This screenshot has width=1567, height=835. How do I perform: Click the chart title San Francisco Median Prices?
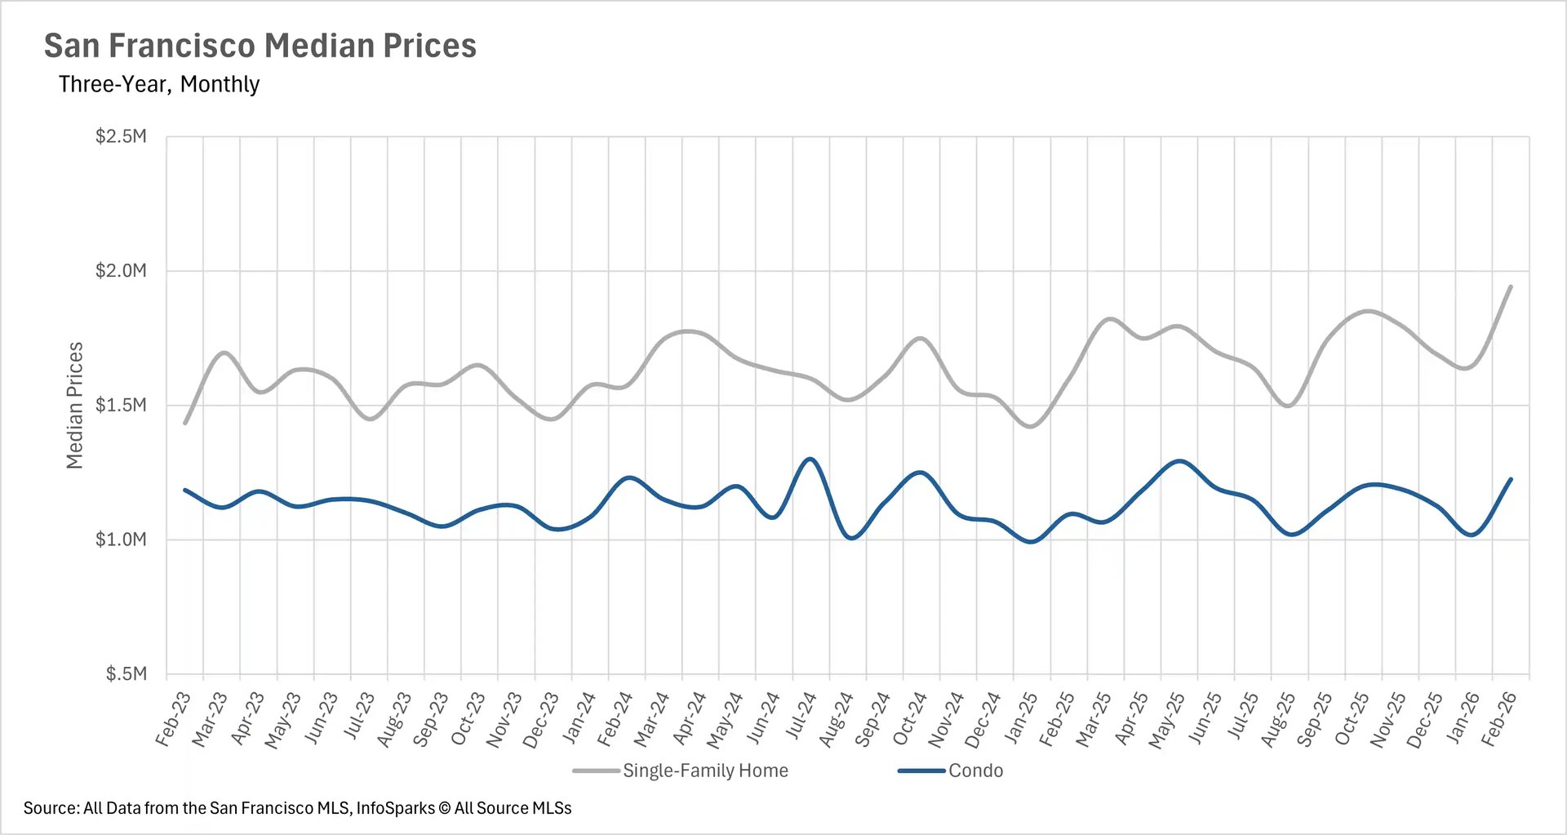pyautogui.click(x=260, y=46)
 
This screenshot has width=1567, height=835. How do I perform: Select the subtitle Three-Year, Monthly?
pyautogui.click(x=159, y=84)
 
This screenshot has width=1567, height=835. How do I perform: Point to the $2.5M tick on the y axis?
pyautogui.click(x=121, y=136)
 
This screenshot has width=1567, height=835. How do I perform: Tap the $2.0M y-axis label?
pyautogui.click(x=121, y=271)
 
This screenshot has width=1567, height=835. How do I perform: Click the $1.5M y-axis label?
pyautogui.click(x=121, y=405)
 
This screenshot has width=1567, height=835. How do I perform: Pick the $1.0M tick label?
pyautogui.click(x=121, y=540)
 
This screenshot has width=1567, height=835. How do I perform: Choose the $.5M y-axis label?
pyautogui.click(x=126, y=674)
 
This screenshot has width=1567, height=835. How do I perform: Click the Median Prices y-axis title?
pyautogui.click(x=74, y=405)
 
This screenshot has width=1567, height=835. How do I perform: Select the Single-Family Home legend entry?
pyautogui.click(x=705, y=771)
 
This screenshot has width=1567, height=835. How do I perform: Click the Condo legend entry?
pyautogui.click(x=975, y=771)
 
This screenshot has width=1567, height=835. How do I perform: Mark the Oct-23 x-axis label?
pyautogui.click(x=468, y=718)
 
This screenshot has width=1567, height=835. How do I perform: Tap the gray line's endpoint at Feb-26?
pyautogui.click(x=1511, y=286)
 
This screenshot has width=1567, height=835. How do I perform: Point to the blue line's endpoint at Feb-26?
pyautogui.click(x=1511, y=479)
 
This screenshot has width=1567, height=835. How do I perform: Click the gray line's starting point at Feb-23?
pyautogui.click(x=185, y=423)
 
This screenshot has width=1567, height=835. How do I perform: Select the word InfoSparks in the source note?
pyautogui.click(x=395, y=808)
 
